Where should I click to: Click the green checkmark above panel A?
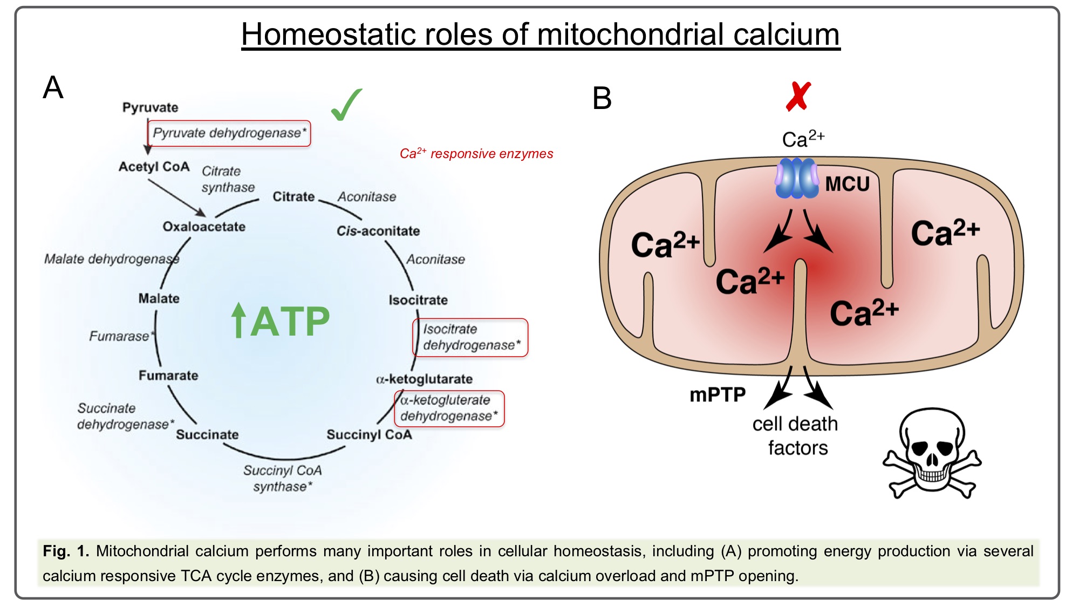[346, 105]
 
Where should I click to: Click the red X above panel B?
[798, 97]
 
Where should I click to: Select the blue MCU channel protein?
[796, 178]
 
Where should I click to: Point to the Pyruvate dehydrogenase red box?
[229, 133]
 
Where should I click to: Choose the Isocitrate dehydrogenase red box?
[470, 337]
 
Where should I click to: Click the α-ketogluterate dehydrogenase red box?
[449, 408]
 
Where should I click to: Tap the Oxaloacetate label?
[204, 227]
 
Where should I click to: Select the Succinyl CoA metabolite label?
[369, 435]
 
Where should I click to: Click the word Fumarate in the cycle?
[168, 376]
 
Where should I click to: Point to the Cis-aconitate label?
[378, 231]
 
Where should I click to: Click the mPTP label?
[718, 395]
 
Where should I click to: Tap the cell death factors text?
[796, 436]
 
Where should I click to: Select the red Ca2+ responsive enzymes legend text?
[476, 154]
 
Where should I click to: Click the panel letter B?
[602, 98]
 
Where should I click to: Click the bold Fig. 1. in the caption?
[66, 551]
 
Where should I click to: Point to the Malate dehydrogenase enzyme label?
[112, 259]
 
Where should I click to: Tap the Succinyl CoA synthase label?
[283, 479]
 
